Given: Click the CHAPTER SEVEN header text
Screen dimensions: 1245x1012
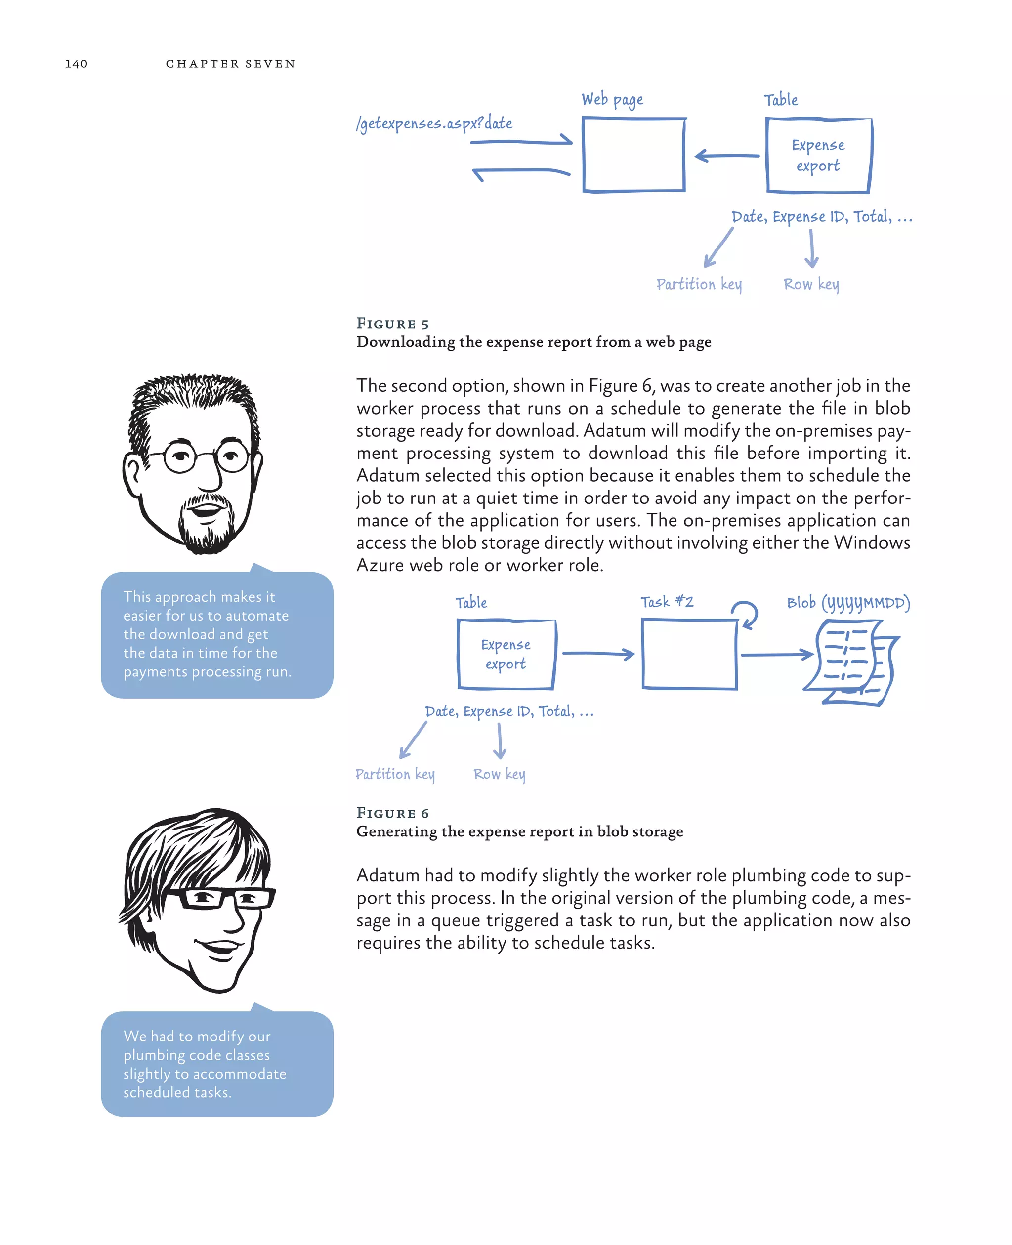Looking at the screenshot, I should pyautogui.click(x=230, y=64).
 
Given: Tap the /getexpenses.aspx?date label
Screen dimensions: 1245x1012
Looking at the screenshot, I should pyautogui.click(x=434, y=124).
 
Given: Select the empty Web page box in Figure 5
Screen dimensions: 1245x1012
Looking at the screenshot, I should pyautogui.click(x=633, y=155).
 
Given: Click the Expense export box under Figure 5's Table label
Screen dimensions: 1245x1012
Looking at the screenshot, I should pyautogui.click(x=818, y=155).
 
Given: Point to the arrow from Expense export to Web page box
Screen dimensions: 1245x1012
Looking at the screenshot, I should pyautogui.click(x=726, y=156).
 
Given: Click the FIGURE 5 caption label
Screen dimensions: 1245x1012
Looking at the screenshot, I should pyautogui.click(x=392, y=324).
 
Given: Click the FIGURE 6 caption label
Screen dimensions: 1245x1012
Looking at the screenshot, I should pyautogui.click(x=392, y=813).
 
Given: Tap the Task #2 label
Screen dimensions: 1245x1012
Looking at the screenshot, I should pyautogui.click(x=667, y=602).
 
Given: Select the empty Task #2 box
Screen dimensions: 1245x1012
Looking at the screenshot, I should pyautogui.click(x=689, y=654).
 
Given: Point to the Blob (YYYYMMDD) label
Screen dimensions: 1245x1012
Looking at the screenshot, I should pyautogui.click(x=848, y=603).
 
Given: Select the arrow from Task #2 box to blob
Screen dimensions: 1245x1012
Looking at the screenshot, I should pyautogui.click(x=776, y=655).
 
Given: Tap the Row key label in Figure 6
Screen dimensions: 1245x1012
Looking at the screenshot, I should pyautogui.click(x=499, y=774).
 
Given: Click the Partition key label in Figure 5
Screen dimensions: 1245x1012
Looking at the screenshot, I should pyautogui.click(x=699, y=284).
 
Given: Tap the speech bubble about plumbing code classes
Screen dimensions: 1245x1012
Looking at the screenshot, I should pyautogui.click(x=217, y=1064).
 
